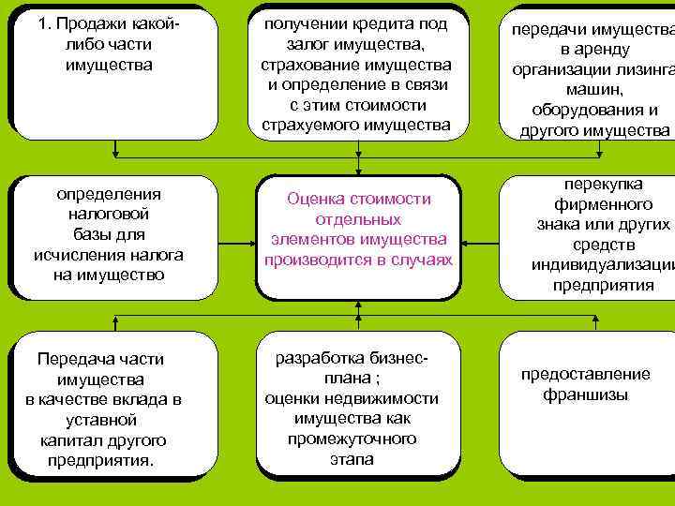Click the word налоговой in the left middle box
tap(109, 215)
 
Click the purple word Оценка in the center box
tap(316, 200)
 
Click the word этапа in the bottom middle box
tap(352, 459)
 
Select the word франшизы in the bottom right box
tap(586, 394)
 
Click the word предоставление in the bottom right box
tap(585, 375)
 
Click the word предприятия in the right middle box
tap(603, 284)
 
